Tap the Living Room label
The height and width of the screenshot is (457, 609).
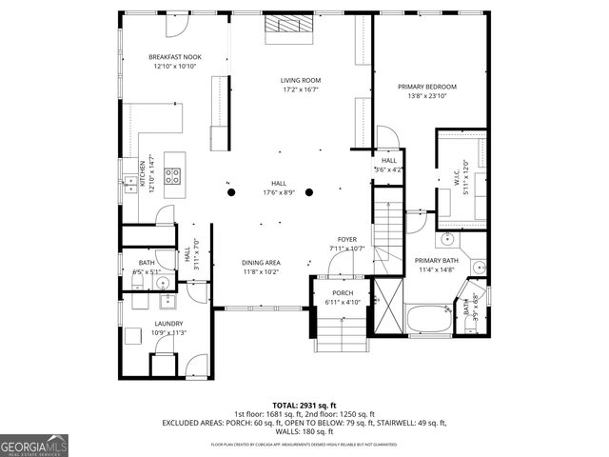click(x=301, y=80)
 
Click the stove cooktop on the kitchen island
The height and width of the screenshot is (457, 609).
click(x=173, y=175)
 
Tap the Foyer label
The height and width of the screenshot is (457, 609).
click(x=346, y=238)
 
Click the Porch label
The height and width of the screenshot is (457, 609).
click(x=343, y=292)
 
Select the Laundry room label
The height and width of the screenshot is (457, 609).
click(x=168, y=324)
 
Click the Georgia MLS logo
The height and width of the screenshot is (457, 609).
click(x=34, y=445)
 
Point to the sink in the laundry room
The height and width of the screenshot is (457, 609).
click(x=169, y=305)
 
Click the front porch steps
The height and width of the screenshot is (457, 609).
click(x=341, y=333)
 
